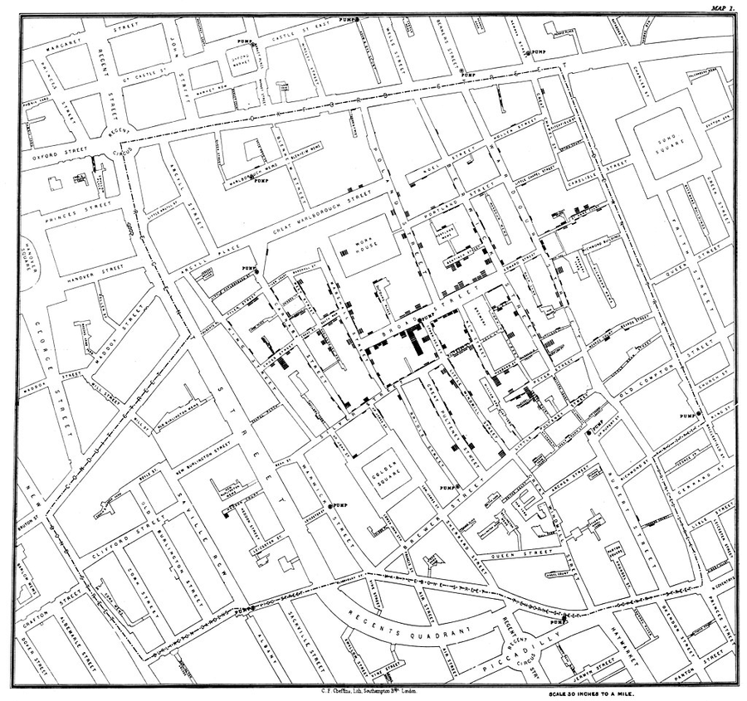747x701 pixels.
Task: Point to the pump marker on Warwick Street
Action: click(x=331, y=506)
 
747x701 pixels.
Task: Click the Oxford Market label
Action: click(x=240, y=61)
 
